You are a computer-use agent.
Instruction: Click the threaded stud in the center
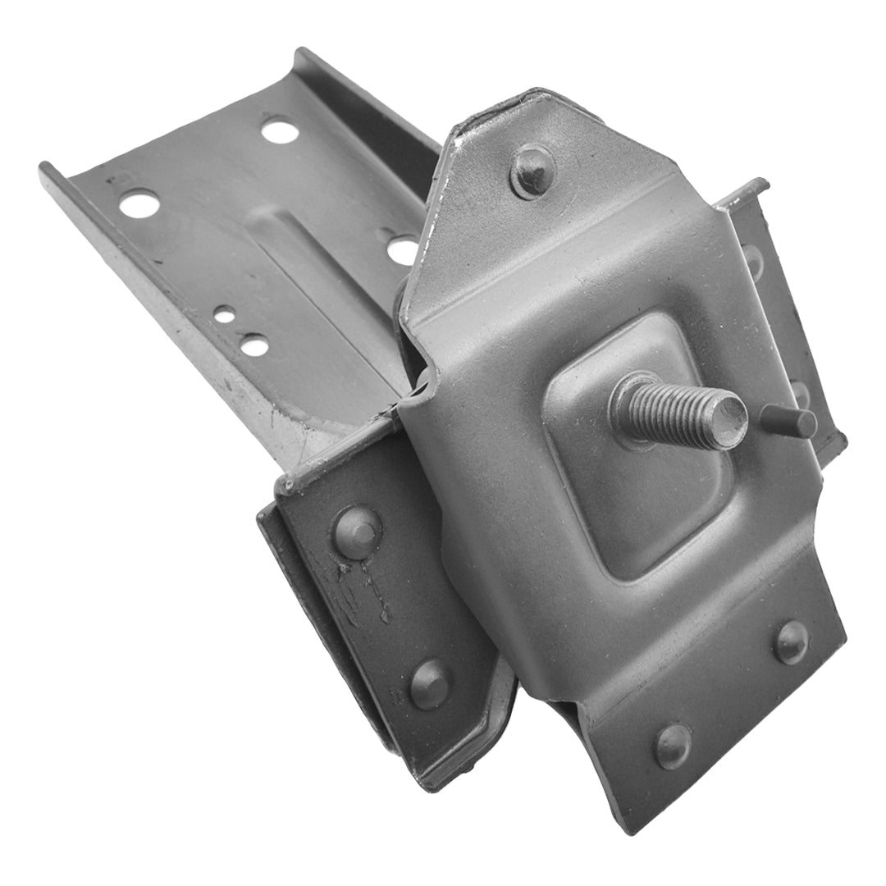coord(673,410)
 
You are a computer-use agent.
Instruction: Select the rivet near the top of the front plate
coord(532,170)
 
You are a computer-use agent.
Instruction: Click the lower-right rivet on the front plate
coord(791,641)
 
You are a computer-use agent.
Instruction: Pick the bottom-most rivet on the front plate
coord(673,744)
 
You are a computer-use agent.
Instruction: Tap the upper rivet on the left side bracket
coord(358,531)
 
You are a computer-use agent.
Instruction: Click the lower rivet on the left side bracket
coord(430,683)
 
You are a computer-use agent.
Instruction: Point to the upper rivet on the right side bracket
coord(752,261)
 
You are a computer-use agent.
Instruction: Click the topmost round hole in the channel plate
coord(279,130)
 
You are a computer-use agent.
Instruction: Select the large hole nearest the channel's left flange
coord(139,202)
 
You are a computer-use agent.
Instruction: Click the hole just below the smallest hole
coord(254,345)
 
